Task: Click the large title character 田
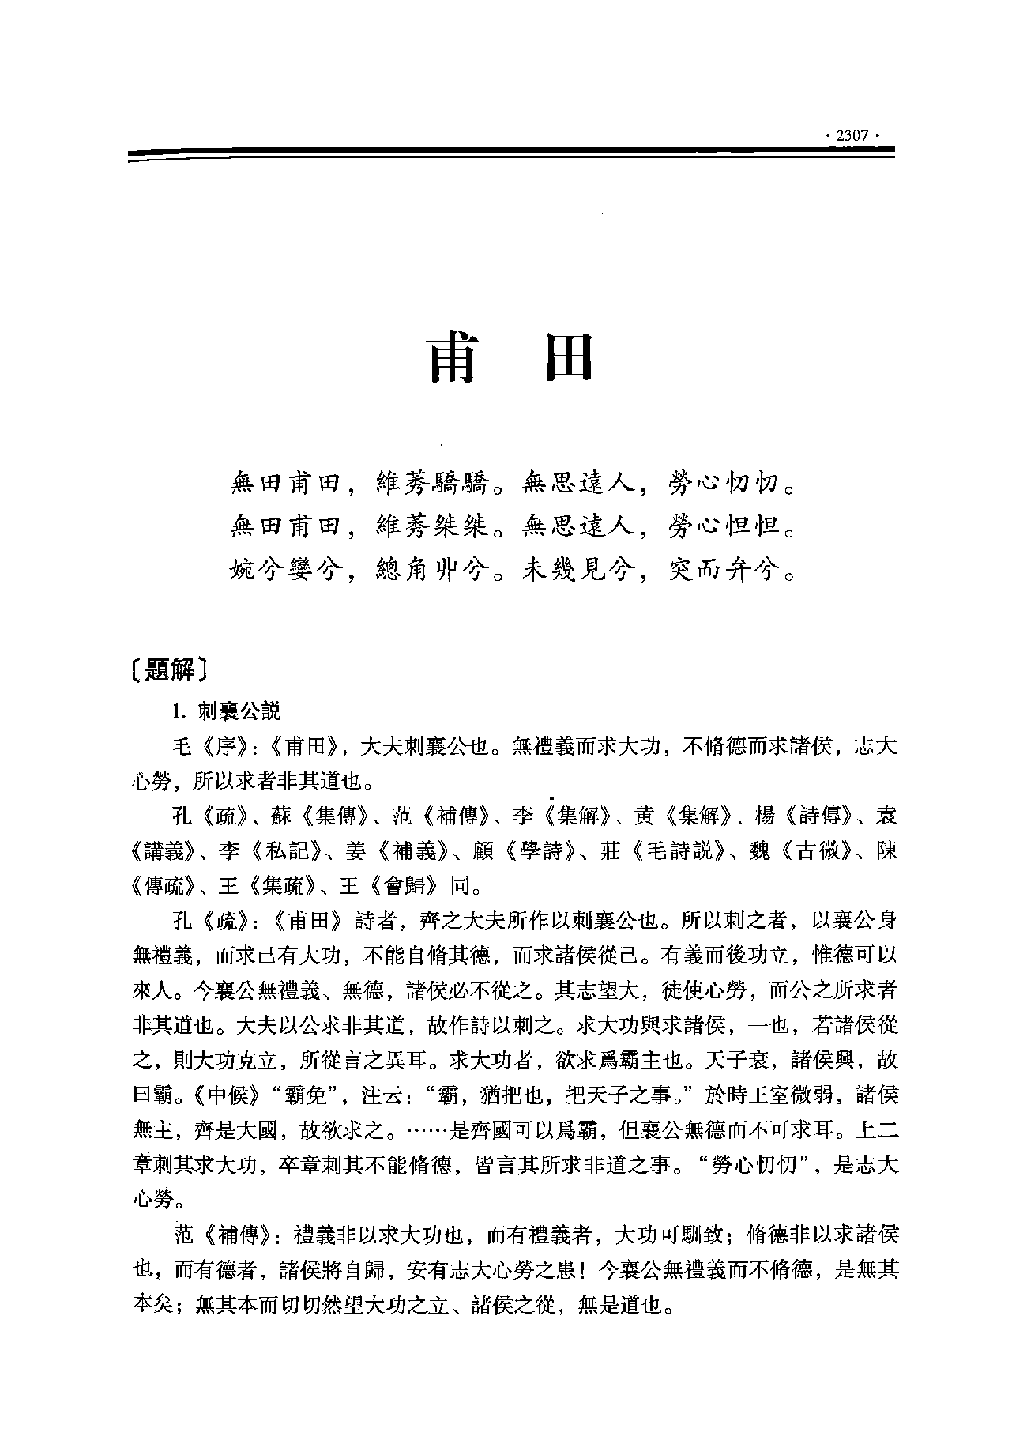[564, 359]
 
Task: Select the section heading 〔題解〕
[170, 670]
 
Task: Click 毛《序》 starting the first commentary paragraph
[207, 747]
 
